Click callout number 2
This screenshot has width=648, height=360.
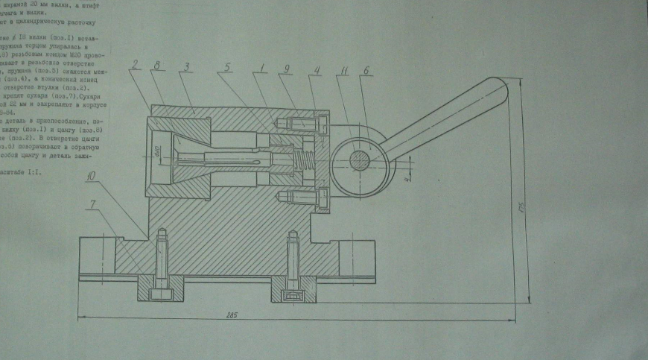pyautogui.click(x=135, y=64)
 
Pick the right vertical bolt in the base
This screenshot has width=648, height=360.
pyautogui.click(x=292, y=265)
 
